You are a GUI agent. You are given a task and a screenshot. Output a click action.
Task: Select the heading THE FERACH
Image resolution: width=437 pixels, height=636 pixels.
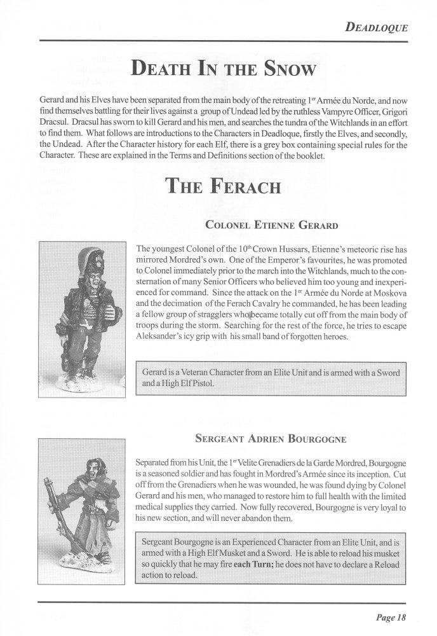click(222, 186)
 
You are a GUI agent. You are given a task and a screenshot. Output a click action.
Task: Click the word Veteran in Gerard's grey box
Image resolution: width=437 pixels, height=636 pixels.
click(189, 372)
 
